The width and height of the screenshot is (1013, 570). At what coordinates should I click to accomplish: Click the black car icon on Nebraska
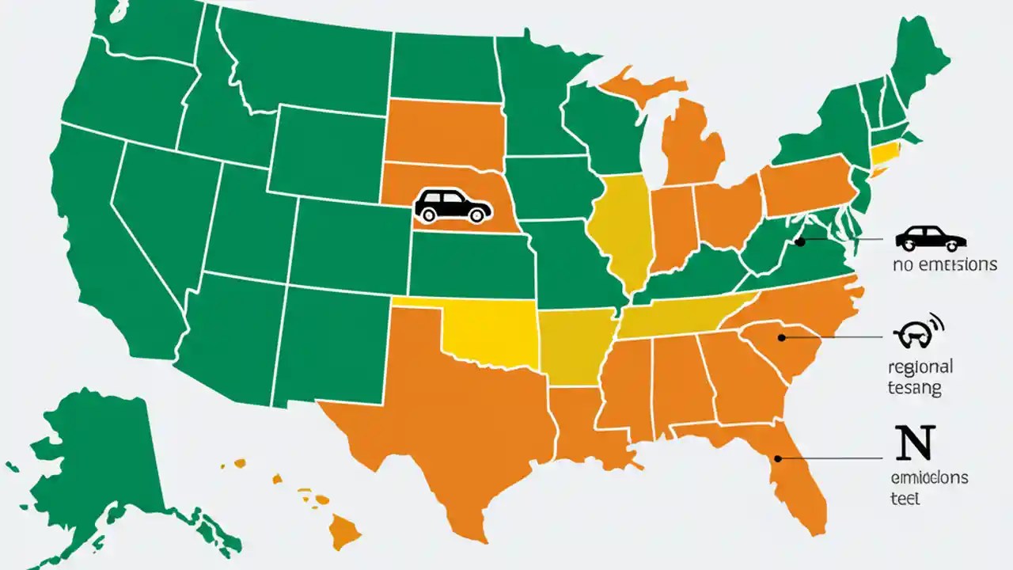coord(452,206)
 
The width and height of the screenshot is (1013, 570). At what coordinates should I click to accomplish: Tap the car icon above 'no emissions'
coord(931,238)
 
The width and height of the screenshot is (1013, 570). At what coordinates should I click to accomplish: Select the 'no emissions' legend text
coord(944,265)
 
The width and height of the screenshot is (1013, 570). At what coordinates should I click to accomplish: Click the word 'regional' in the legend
coord(920,367)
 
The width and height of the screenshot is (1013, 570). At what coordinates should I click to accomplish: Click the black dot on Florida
coord(778,458)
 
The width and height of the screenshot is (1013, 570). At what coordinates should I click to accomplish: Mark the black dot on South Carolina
coord(781,338)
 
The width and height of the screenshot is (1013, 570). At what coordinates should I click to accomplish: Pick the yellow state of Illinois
coord(621,230)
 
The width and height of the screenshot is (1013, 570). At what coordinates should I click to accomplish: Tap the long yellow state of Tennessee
coord(681,317)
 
